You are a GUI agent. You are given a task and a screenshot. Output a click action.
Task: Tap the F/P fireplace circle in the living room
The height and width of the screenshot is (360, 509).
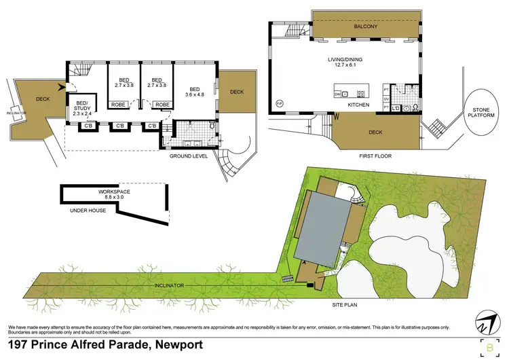279,104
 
